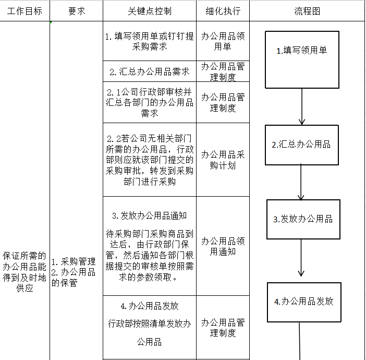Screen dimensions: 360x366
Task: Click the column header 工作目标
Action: tap(25, 11)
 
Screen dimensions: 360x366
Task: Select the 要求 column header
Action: tap(77, 11)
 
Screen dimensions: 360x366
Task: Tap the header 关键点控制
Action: tap(150, 11)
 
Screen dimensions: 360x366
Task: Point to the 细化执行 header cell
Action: tap(223, 11)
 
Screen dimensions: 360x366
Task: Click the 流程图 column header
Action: tap(307, 11)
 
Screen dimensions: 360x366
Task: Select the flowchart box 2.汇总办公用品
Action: tap(301, 145)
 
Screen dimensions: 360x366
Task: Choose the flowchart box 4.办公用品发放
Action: tap(304, 302)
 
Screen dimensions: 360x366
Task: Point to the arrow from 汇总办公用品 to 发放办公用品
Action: tap(301, 183)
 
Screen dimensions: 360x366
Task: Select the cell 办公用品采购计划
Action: tap(223, 160)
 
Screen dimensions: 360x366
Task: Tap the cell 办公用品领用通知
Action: tap(223, 246)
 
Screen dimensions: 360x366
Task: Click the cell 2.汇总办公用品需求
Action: tap(150, 71)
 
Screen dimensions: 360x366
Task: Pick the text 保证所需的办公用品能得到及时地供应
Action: tap(25, 272)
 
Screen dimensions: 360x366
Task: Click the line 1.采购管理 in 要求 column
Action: tap(74, 262)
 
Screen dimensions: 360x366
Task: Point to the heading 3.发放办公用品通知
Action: tap(150, 215)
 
